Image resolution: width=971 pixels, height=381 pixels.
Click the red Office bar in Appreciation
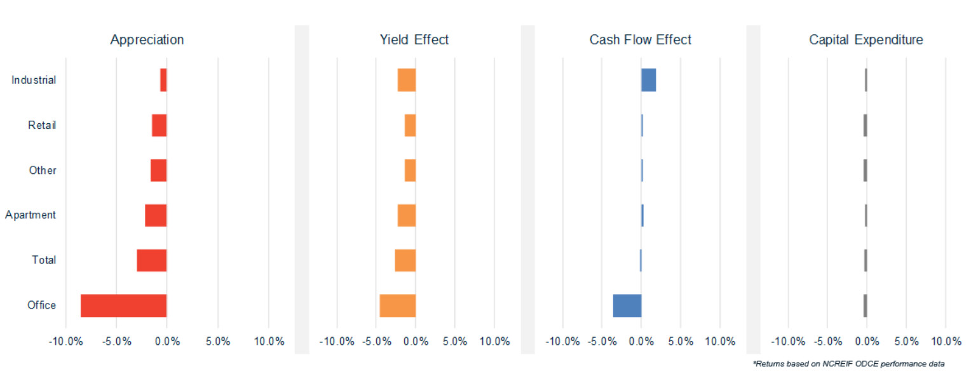tap(123, 305)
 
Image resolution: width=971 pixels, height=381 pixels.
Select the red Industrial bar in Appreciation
tap(163, 80)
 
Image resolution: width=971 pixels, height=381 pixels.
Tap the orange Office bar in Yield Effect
tap(397, 305)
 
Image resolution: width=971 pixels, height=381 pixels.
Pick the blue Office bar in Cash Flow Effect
tap(627, 305)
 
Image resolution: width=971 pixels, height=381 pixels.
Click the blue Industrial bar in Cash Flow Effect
tap(648, 80)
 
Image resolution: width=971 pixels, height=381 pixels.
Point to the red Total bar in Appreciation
tap(151, 260)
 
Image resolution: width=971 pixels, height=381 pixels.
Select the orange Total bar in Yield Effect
tap(405, 260)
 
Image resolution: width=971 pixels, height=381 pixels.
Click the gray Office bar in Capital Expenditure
tap(865, 305)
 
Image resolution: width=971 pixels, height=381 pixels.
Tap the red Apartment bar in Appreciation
tap(156, 215)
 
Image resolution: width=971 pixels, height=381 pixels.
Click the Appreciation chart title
tap(147, 39)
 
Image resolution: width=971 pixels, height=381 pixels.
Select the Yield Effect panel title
tap(414, 39)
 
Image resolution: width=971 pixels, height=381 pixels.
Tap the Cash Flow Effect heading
tap(640, 39)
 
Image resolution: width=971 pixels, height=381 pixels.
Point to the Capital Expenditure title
tap(866, 39)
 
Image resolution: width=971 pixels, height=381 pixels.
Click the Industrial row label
tap(34, 80)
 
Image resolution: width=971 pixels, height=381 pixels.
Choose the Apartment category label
tap(31, 215)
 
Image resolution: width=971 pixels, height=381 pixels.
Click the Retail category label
tap(42, 125)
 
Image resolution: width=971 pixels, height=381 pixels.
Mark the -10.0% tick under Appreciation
tap(66, 342)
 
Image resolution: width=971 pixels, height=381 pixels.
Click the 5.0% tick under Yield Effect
tap(455, 342)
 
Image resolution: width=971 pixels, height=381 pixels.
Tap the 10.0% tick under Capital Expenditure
tap(946, 342)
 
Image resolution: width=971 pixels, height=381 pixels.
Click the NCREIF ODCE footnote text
tap(848, 364)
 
